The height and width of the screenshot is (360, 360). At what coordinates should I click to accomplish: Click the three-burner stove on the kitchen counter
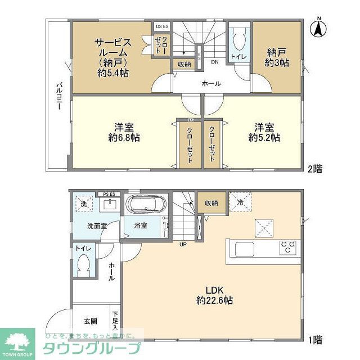pyautogui.click(x=288, y=246)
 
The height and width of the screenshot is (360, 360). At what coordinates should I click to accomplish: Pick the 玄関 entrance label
pyautogui.click(x=91, y=322)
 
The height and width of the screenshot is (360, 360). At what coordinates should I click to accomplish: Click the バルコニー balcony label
pyautogui.click(x=58, y=96)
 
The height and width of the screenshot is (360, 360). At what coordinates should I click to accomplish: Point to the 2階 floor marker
pyautogui.click(x=315, y=168)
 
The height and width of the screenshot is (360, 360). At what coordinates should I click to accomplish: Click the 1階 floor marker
pyautogui.click(x=315, y=339)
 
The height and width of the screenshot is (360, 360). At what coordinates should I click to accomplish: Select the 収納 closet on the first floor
pyautogui.click(x=211, y=203)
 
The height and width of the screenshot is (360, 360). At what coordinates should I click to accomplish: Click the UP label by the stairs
pyautogui.click(x=183, y=244)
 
